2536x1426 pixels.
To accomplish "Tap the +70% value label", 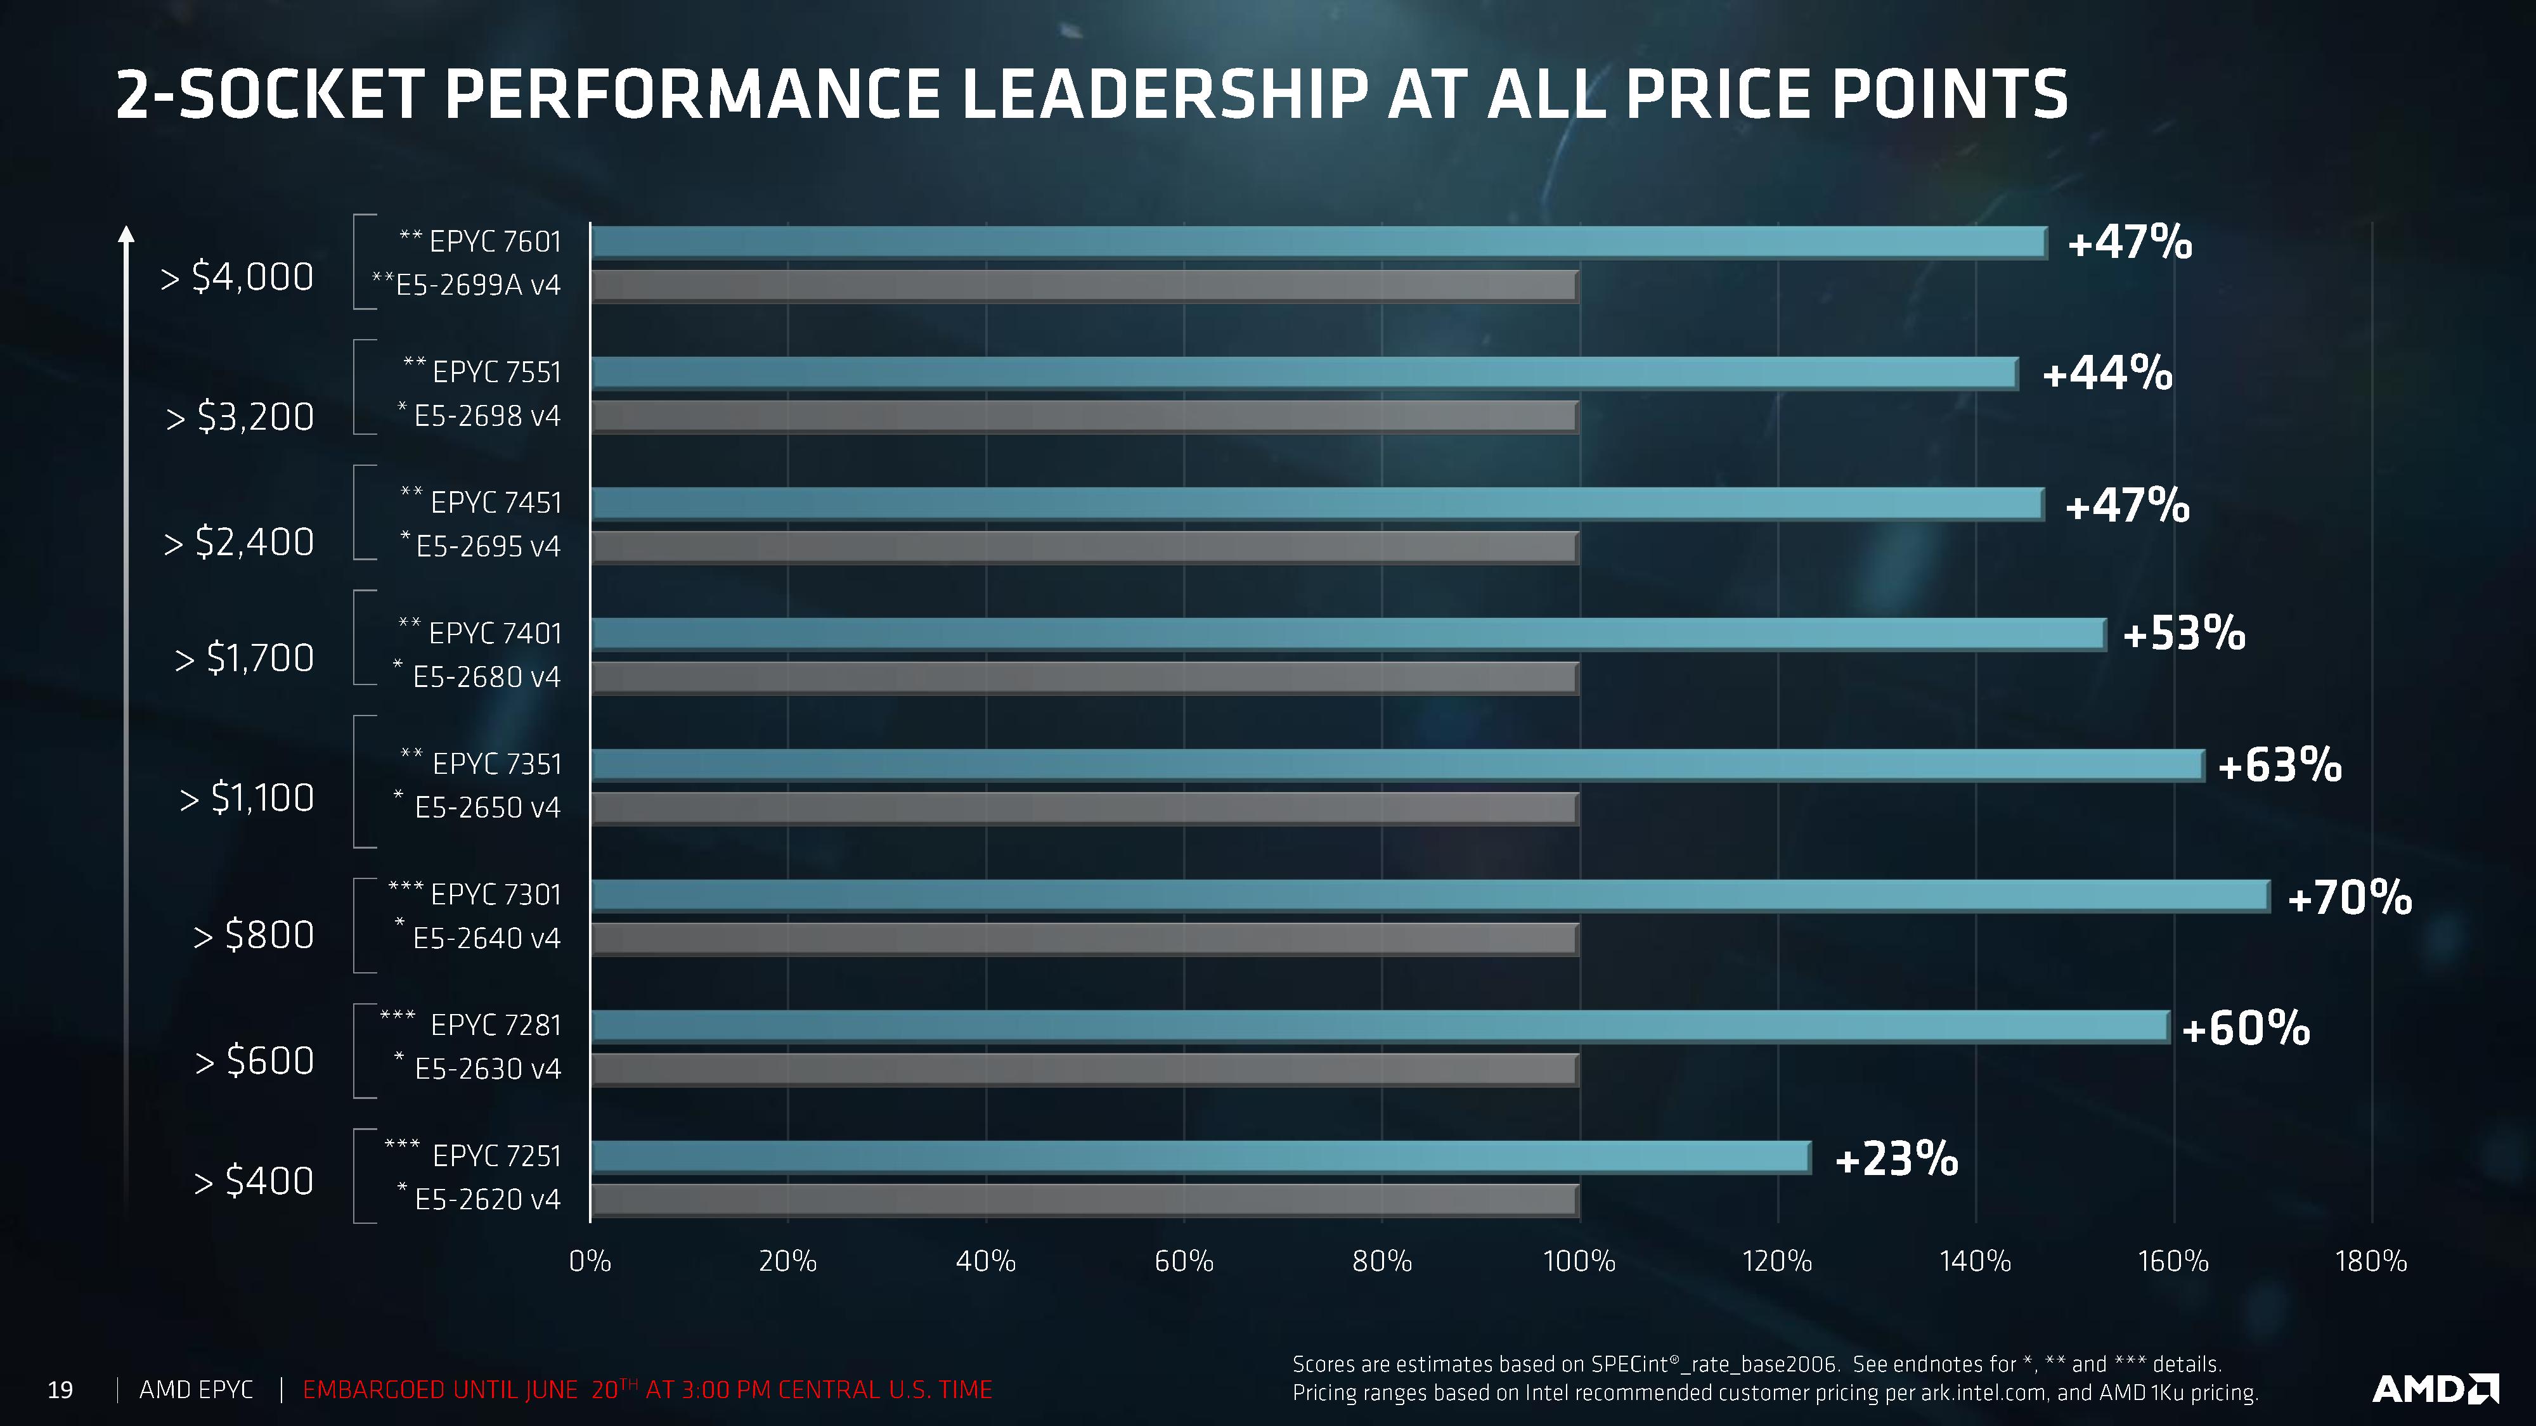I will point(2349,897).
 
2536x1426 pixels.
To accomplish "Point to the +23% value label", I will point(1896,1159).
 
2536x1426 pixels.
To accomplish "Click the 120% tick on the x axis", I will point(1777,1261).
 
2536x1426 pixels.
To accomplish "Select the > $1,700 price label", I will point(244,657).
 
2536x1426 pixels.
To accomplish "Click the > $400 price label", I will point(254,1180).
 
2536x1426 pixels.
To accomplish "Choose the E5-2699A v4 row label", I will point(467,285).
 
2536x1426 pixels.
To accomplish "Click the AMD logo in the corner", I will point(2434,1389).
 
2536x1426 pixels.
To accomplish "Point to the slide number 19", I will point(60,1390).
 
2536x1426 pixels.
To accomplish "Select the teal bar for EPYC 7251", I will point(1201,1157).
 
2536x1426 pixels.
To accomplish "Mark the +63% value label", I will point(2279,765).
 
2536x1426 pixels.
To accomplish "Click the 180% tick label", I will point(2371,1261).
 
